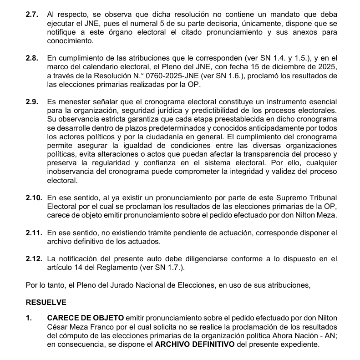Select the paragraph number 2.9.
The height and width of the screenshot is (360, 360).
pyautogui.click(x=32, y=102)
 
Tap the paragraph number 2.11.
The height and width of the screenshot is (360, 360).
pyautogui.click(x=34, y=233)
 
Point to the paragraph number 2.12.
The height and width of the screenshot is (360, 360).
pyautogui.click(x=34, y=259)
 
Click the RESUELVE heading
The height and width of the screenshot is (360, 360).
pyautogui.click(x=46, y=302)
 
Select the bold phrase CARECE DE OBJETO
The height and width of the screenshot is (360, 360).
pyautogui.click(x=85, y=319)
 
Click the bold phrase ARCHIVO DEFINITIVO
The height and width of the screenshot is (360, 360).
pyautogui.click(x=194, y=345)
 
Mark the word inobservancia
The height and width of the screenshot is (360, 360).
pyautogui.click(x=70, y=172)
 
